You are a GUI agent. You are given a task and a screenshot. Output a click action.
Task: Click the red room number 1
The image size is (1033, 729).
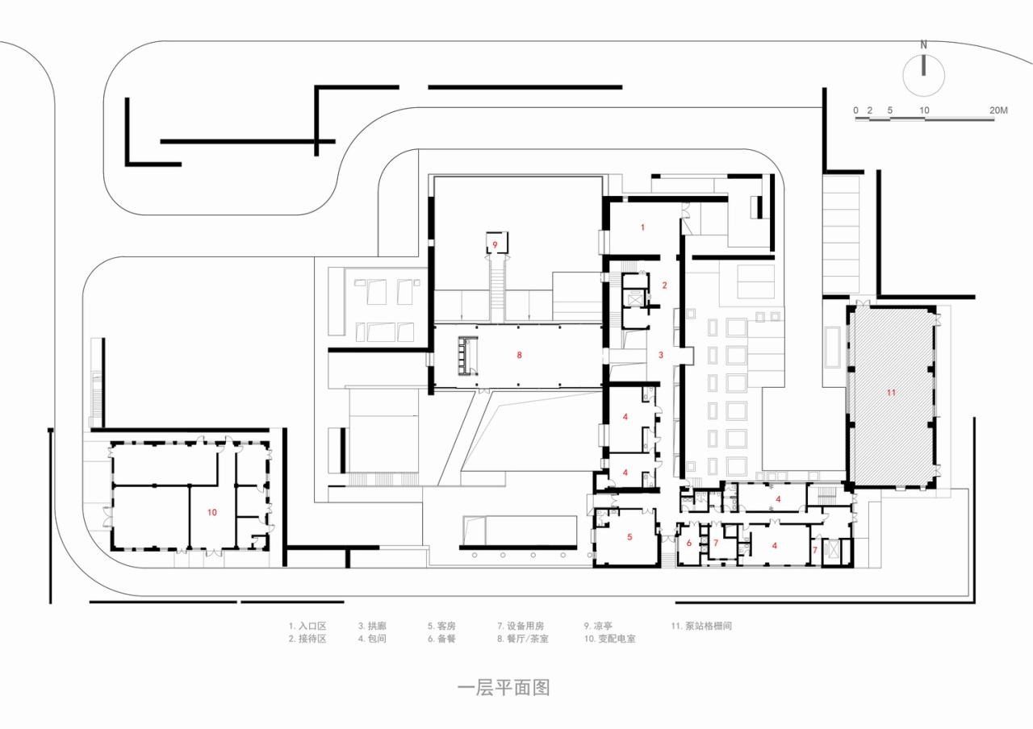click(643, 227)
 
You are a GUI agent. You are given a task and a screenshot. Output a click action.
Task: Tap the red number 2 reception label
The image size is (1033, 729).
click(664, 285)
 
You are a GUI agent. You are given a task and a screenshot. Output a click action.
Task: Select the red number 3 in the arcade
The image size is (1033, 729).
click(660, 355)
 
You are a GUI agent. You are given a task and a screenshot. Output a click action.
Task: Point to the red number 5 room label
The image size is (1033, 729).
click(630, 536)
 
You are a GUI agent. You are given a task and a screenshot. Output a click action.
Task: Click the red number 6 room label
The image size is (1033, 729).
click(689, 543)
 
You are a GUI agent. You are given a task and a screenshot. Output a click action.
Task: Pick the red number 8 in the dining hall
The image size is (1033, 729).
click(520, 354)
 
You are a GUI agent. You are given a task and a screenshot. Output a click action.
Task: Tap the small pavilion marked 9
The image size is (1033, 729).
click(496, 243)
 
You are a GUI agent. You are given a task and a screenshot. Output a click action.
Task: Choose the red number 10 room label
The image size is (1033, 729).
click(212, 512)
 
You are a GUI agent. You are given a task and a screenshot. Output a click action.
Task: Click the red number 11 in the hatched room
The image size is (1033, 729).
click(891, 393)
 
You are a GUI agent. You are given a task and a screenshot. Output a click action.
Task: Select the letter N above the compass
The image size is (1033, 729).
click(925, 45)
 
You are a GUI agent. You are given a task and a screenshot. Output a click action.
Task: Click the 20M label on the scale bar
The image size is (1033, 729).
click(998, 110)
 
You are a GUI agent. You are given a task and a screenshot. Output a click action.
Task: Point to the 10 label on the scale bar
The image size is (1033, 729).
click(924, 110)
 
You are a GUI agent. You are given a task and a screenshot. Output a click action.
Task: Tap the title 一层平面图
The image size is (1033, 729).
click(504, 688)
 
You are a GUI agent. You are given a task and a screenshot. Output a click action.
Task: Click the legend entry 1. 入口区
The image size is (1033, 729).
click(307, 625)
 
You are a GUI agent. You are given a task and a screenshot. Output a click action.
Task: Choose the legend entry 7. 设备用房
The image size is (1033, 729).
click(521, 625)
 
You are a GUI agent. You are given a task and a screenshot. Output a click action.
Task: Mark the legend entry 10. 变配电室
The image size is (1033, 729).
click(612, 639)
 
